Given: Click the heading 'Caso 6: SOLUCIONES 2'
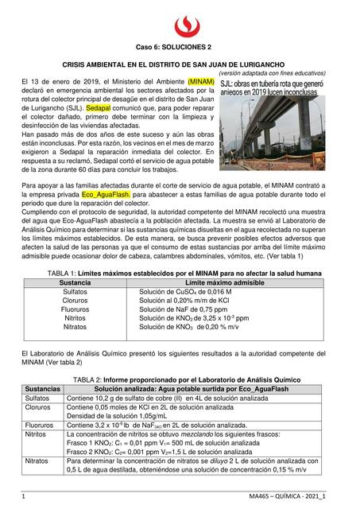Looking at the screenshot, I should tap(180, 48).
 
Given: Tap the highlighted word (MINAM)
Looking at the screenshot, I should tap(202, 82).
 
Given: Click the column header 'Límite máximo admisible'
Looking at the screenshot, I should tap(230, 283).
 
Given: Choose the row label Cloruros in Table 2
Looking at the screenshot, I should tap(40, 406).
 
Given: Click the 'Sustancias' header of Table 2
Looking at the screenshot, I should tap(43, 388).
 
